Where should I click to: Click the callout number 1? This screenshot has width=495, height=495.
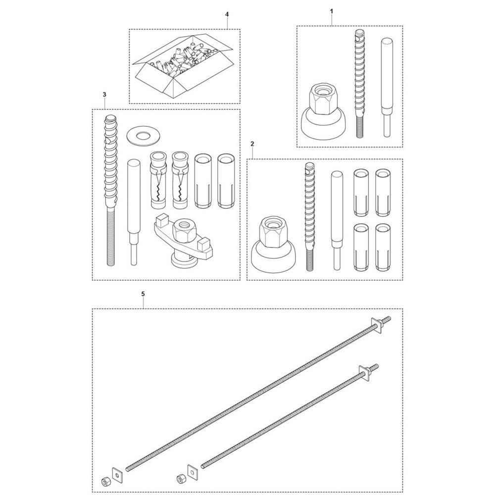click(x=332, y=11)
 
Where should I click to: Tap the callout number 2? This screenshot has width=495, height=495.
click(x=252, y=144)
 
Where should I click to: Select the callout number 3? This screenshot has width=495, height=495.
click(x=104, y=95)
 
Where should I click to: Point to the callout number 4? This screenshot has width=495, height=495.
click(x=227, y=14)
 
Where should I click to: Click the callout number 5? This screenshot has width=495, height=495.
click(x=143, y=294)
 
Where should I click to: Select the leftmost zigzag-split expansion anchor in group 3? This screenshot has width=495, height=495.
click(x=158, y=180)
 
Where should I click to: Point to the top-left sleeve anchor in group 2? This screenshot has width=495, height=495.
click(x=360, y=192)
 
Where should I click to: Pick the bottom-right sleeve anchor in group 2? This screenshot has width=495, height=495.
click(x=383, y=247)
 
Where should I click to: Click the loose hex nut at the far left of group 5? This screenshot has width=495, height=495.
click(x=104, y=481)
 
